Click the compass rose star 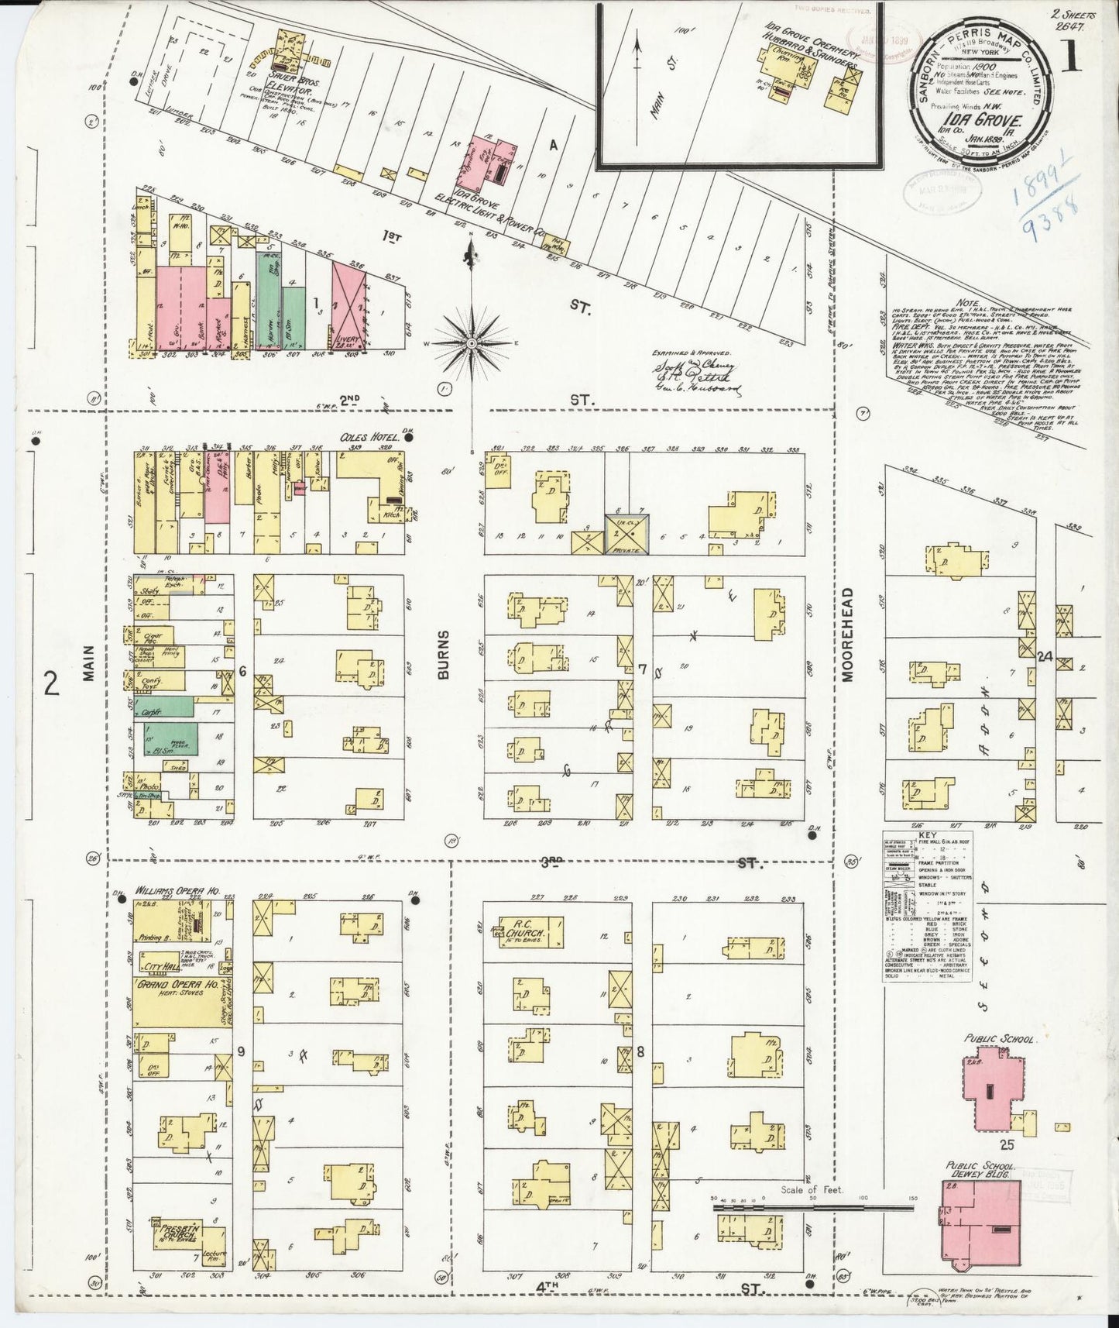pyautogui.click(x=471, y=341)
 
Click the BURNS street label pyautogui.click(x=444, y=662)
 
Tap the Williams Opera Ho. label pyautogui.click(x=172, y=892)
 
